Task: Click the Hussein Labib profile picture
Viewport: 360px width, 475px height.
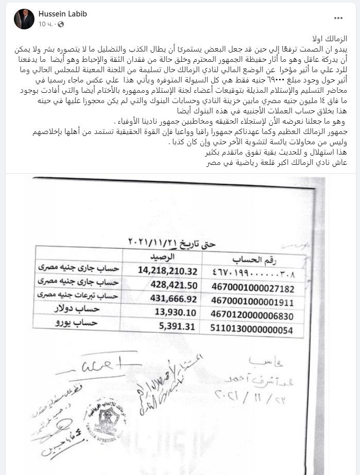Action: [20, 19]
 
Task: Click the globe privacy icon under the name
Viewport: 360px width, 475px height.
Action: [62, 24]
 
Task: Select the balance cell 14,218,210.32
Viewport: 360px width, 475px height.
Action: [168, 269]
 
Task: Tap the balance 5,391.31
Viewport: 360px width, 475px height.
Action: [184, 325]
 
